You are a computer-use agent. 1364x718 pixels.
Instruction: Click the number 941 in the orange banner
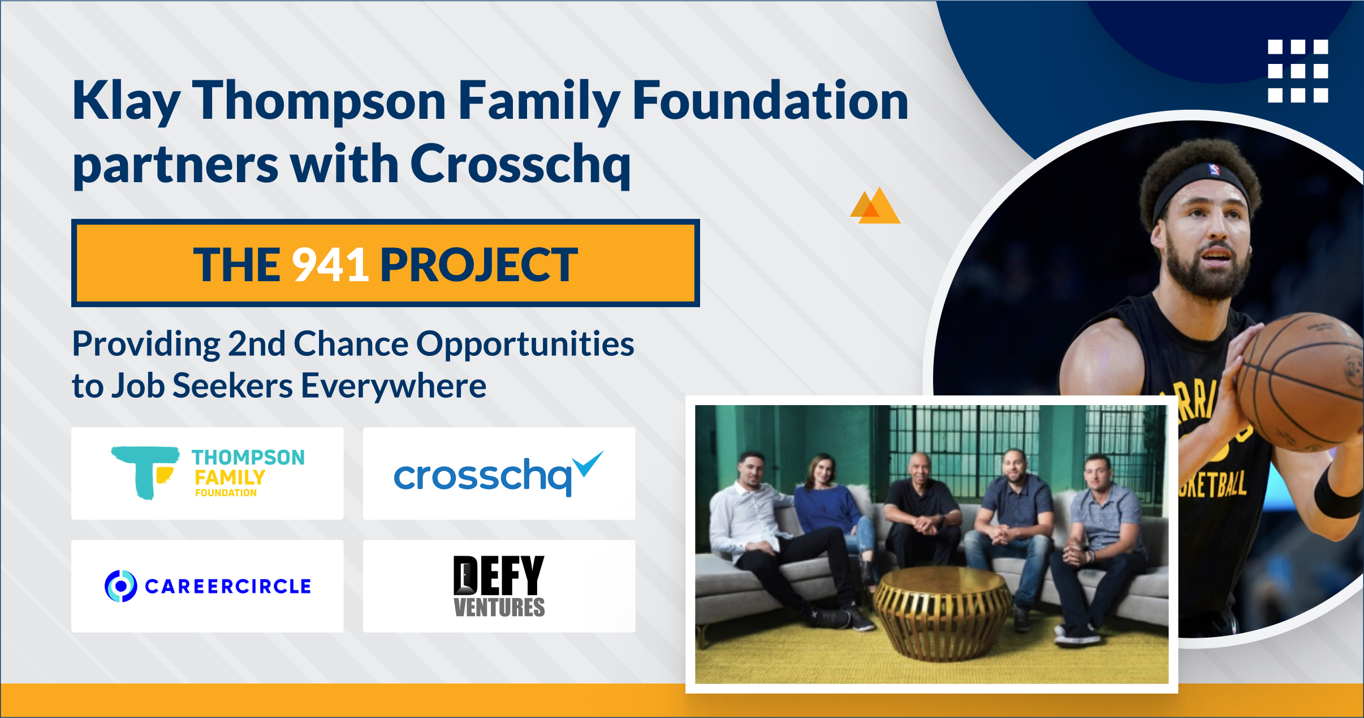coord(330,264)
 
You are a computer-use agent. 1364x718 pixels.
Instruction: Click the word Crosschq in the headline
coord(520,164)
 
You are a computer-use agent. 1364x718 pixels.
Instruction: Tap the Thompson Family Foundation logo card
coord(207,474)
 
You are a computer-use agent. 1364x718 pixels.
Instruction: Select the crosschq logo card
coord(499,474)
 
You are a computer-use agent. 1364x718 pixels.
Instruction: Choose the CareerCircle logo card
coord(207,586)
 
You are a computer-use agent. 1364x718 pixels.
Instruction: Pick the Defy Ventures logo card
coord(499,586)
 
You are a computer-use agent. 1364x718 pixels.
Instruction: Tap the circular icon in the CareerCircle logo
coord(121,586)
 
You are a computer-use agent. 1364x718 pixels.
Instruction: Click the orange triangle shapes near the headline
coord(875,207)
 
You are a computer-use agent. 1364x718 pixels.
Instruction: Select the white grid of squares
coord(1298,71)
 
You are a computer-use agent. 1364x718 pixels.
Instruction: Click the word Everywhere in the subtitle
coord(393,386)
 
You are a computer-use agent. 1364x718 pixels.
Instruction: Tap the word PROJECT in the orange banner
coord(478,264)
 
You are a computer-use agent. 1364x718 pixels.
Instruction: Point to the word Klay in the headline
coord(126,102)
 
